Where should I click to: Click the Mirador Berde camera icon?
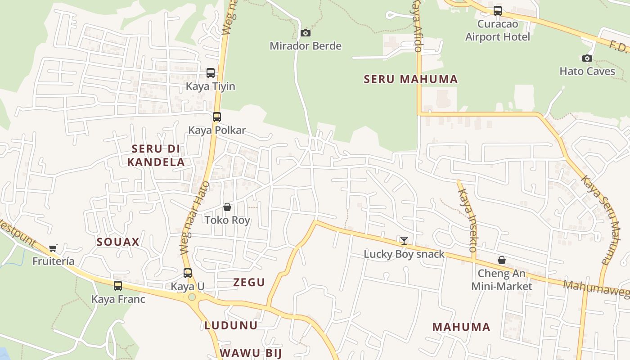306,33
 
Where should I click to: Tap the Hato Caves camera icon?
587,58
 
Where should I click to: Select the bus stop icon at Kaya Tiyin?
211,72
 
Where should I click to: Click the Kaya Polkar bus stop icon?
217,117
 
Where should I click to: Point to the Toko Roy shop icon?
227,207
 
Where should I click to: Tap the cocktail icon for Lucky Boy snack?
404,240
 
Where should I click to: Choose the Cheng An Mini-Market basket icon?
502,260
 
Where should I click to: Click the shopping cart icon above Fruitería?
53,248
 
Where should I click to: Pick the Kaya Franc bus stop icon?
118,285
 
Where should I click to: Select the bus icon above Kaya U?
188,273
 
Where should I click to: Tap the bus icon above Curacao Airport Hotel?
498,11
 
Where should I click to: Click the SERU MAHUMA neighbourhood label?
410,80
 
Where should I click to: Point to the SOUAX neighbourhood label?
118,242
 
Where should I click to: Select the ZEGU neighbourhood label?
249,283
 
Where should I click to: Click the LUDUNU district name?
231,325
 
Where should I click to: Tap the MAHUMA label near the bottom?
461,327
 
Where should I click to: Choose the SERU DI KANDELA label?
156,155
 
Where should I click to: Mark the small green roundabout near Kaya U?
192,297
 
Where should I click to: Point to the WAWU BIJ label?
251,353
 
